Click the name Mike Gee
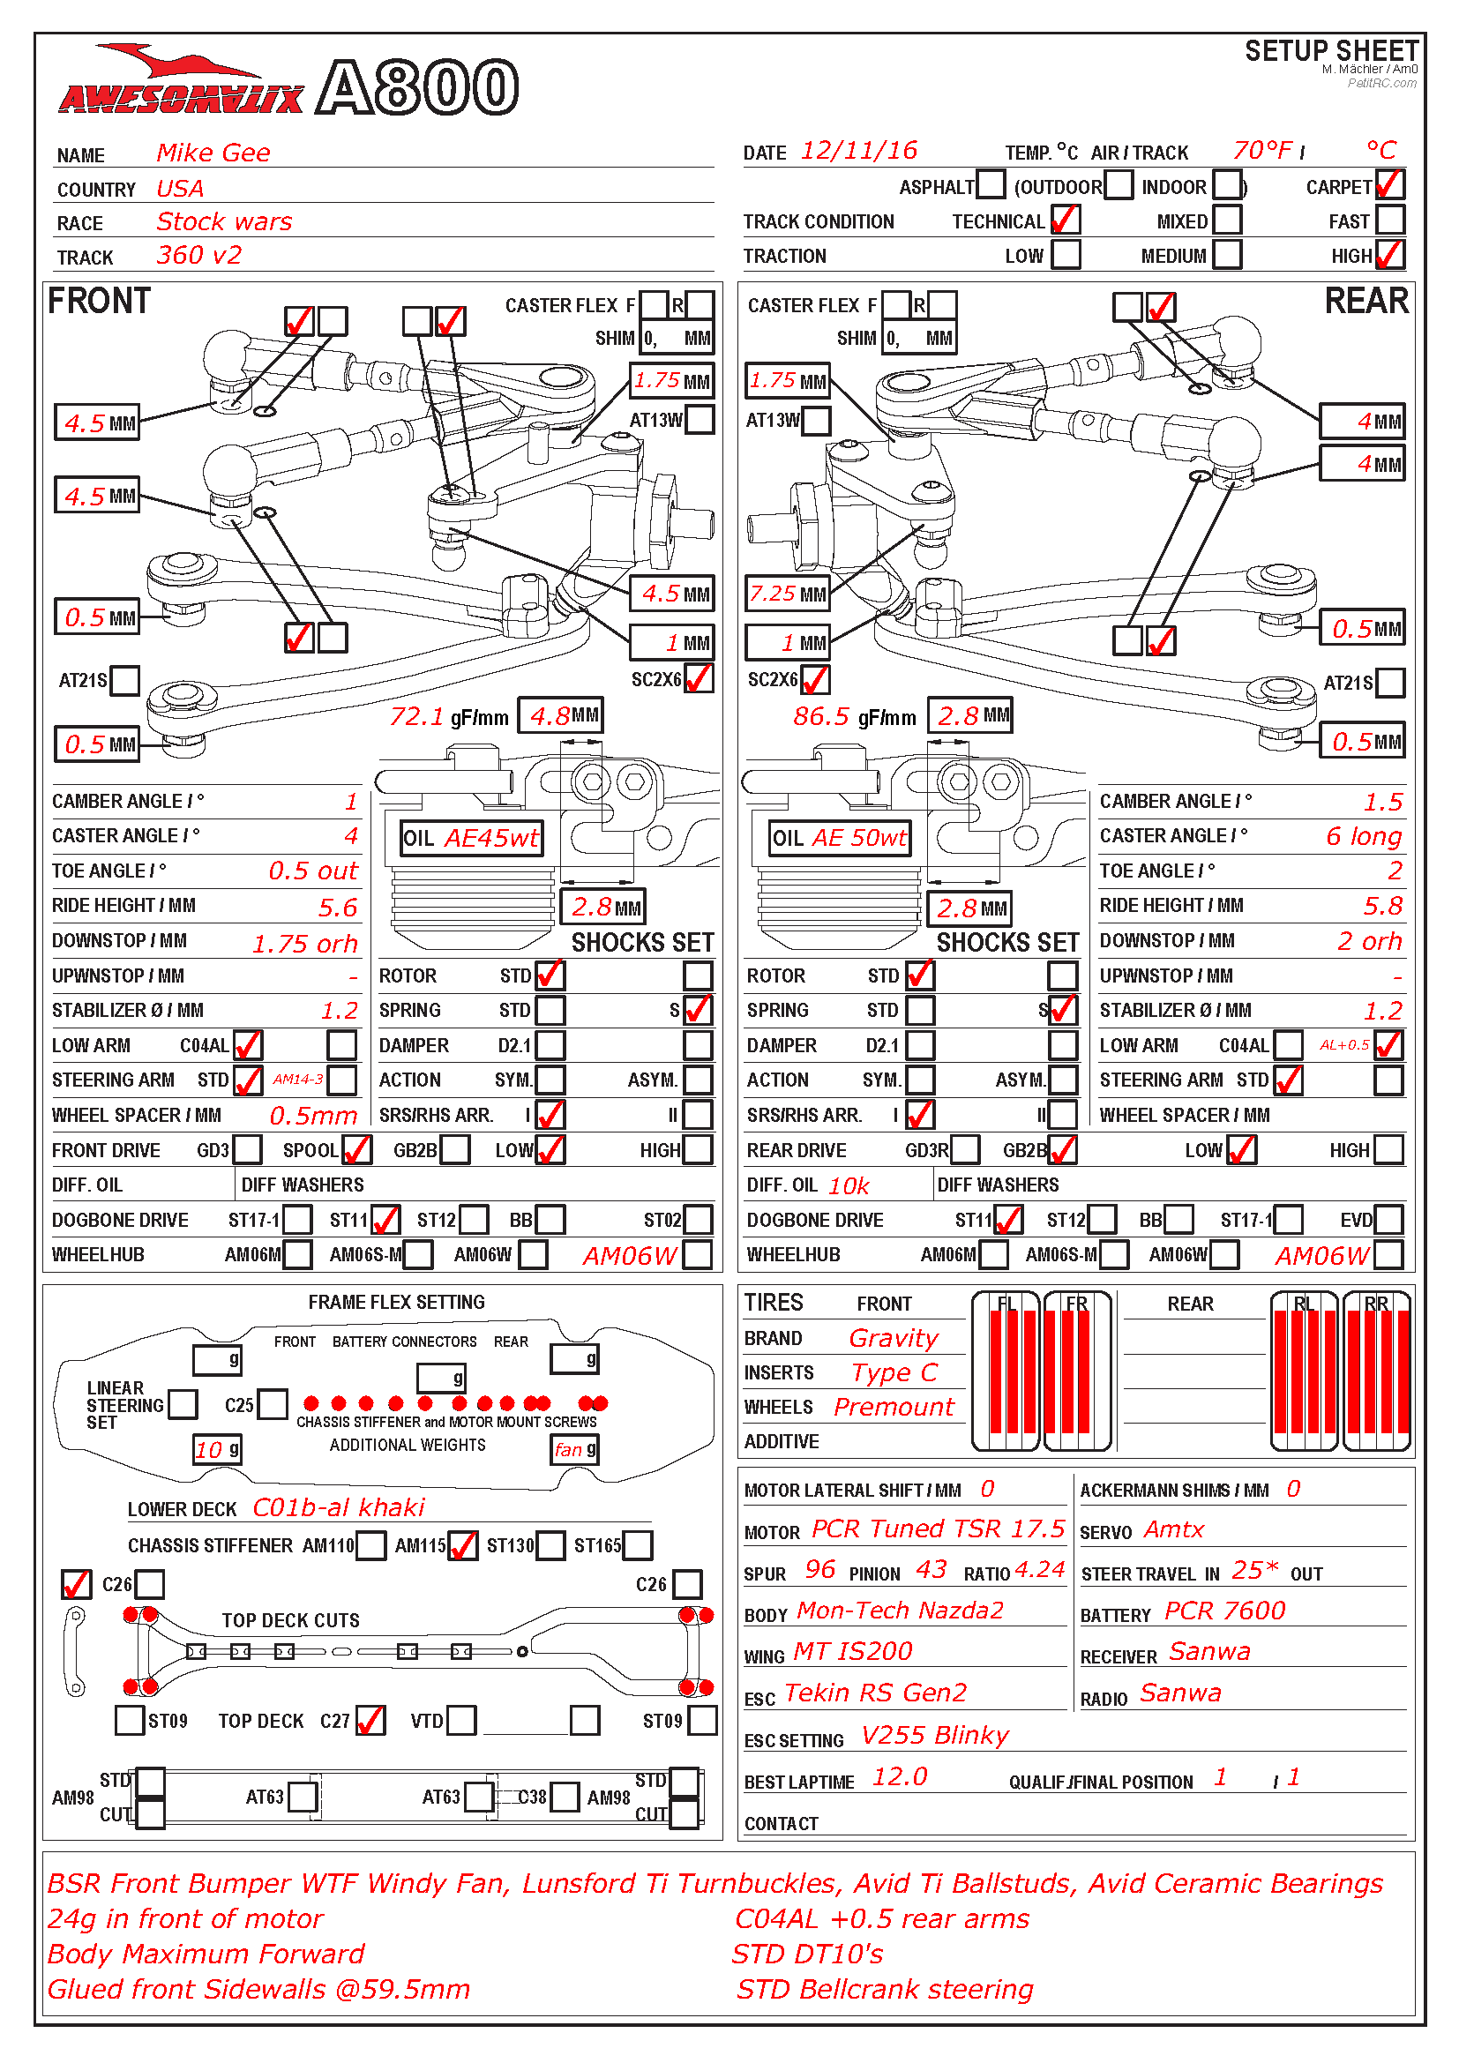pyautogui.click(x=213, y=153)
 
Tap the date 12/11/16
pyautogui.click(x=859, y=150)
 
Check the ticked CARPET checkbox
pyautogui.click(x=1389, y=185)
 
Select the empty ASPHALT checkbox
pyautogui.click(x=990, y=185)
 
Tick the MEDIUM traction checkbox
pyautogui.click(x=1227, y=254)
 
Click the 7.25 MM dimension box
pyautogui.click(x=788, y=594)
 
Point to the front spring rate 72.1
pyautogui.click(x=416, y=716)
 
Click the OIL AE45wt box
pyautogui.click(x=472, y=838)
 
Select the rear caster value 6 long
pyautogui.click(x=1363, y=836)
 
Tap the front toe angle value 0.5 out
pyautogui.click(x=312, y=871)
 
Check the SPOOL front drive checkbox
pyautogui.click(x=356, y=1149)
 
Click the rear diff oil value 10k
pyautogui.click(x=848, y=1186)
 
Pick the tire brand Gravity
pyautogui.click(x=893, y=1339)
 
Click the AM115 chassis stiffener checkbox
pyautogui.click(x=463, y=1545)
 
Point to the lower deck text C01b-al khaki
pyautogui.click(x=339, y=1507)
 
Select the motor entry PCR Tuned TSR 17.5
pyautogui.click(x=938, y=1529)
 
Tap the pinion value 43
pyautogui.click(x=931, y=1570)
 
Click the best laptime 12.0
pyautogui.click(x=901, y=1777)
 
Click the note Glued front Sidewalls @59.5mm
pyautogui.click(x=258, y=1989)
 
